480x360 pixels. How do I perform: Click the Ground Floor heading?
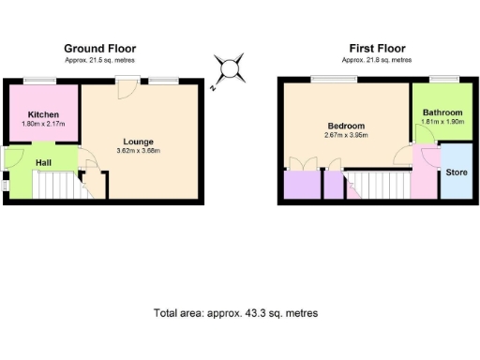pyautogui.click(x=99, y=48)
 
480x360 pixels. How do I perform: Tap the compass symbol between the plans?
pyautogui.click(x=228, y=70)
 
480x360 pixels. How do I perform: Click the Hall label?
pyautogui.click(x=44, y=162)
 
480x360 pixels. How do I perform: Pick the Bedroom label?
pyautogui.click(x=345, y=126)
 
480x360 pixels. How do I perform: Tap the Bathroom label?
pyautogui.click(x=442, y=113)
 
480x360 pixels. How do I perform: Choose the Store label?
pyautogui.click(x=456, y=172)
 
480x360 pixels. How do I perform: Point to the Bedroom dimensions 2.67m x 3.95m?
pyautogui.click(x=345, y=135)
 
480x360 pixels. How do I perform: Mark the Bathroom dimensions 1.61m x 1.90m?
pyautogui.click(x=442, y=122)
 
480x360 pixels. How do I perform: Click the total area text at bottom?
pyautogui.click(x=235, y=312)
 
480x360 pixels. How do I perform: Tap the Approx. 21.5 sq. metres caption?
pyautogui.click(x=99, y=59)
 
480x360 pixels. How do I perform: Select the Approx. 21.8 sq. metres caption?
pyautogui.click(x=376, y=59)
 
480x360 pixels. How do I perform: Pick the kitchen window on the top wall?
pyautogui.click(x=38, y=81)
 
